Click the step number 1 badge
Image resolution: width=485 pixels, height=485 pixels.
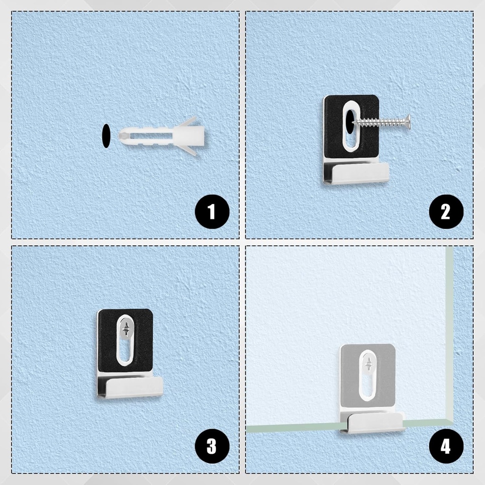[x=212, y=212]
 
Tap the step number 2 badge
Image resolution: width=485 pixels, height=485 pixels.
[x=446, y=212]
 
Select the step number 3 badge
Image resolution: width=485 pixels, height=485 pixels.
[x=212, y=446]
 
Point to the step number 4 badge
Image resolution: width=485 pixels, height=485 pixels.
[x=446, y=446]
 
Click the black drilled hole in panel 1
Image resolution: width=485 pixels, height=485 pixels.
[x=106, y=136]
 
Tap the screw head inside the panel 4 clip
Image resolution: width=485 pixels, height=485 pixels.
[x=368, y=365]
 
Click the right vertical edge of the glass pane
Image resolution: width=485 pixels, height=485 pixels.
[x=449, y=332]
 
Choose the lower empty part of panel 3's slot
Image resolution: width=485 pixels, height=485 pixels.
[x=125, y=353]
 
